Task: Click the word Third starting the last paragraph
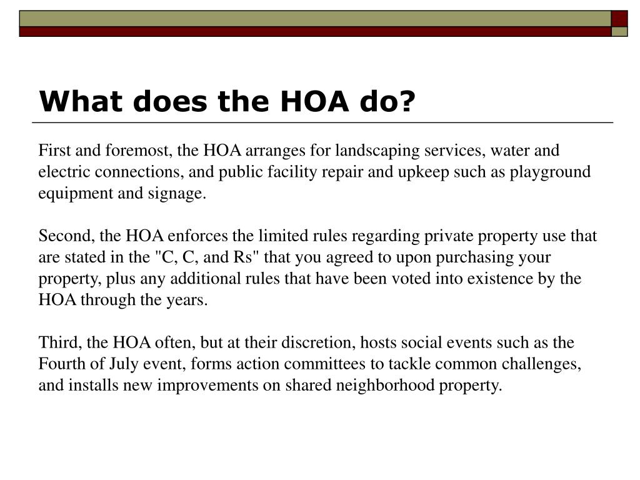point(56,342)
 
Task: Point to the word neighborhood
point(378,385)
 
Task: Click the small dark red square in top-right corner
point(619,17)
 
